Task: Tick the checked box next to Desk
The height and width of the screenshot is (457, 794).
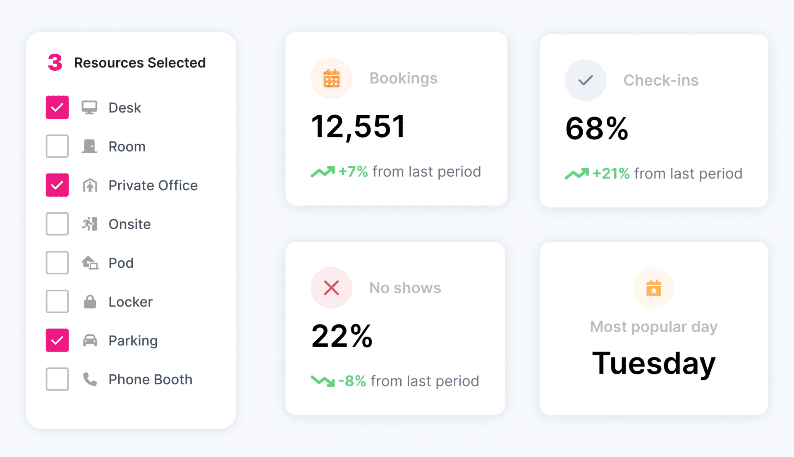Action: point(57,107)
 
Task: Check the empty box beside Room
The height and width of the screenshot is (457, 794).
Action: point(57,146)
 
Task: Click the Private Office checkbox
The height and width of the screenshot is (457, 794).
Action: point(57,185)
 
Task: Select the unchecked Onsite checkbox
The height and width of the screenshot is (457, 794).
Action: point(57,224)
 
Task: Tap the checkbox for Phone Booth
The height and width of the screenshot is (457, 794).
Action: point(57,379)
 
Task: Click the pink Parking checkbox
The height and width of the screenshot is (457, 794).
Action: point(57,340)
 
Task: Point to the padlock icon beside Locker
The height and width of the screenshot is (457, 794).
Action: point(90,302)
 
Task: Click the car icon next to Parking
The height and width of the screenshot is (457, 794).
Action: point(90,340)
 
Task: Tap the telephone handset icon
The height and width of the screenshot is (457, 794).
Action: point(90,379)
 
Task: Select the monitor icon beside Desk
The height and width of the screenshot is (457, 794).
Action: point(89,107)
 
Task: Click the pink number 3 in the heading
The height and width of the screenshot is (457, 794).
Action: point(55,62)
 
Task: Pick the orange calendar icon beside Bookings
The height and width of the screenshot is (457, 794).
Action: point(331,78)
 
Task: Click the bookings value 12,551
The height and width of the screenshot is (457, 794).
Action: point(358,126)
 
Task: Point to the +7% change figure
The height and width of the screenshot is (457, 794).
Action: point(353,171)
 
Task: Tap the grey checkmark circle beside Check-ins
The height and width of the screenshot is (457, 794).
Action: point(586,80)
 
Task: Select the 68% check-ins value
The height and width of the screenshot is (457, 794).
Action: point(597,129)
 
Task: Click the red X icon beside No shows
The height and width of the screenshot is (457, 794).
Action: point(331,288)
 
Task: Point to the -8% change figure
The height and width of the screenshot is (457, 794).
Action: point(352,381)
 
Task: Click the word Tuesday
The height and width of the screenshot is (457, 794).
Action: point(654,363)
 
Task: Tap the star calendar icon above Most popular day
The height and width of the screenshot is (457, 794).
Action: point(654,288)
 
